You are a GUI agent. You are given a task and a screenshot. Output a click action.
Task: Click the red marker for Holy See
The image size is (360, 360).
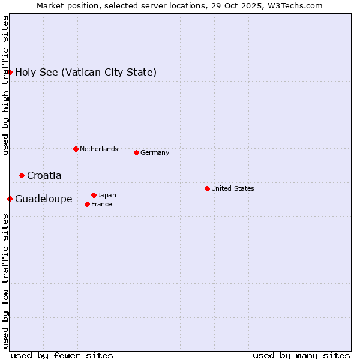pyautogui.click(x=10, y=72)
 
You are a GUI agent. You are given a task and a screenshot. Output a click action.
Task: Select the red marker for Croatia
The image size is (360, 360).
pyautogui.click(x=22, y=175)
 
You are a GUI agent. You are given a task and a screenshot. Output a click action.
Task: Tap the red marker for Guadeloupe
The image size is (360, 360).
pyautogui.click(x=10, y=199)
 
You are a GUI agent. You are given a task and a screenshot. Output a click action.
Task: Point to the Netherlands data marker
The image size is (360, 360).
pyautogui.click(x=76, y=149)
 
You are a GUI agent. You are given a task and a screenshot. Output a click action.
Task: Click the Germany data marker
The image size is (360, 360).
pyautogui.click(x=136, y=152)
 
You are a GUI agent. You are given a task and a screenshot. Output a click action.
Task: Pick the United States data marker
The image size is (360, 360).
pyautogui.click(x=207, y=188)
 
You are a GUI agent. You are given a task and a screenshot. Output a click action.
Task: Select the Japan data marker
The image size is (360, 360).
pyautogui.click(x=94, y=195)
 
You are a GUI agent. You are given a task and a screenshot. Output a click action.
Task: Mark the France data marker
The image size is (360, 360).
pyautogui.click(x=87, y=204)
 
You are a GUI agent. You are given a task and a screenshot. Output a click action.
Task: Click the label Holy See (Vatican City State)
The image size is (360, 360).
pyautogui.click(x=86, y=73)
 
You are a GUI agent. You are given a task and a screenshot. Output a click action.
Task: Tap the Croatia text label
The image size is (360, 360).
pyautogui.click(x=44, y=176)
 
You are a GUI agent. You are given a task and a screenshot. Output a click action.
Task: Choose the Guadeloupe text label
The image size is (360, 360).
pyautogui.click(x=43, y=199)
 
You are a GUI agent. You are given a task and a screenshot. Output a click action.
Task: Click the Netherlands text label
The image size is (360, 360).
pyautogui.click(x=98, y=149)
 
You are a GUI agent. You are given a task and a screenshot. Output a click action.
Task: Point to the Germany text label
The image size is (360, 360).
pyautogui.click(x=155, y=152)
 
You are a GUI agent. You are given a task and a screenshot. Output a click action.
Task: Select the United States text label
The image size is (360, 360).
pyautogui.click(x=232, y=188)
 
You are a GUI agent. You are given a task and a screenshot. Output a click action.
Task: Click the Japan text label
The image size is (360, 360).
pyautogui.click(x=107, y=195)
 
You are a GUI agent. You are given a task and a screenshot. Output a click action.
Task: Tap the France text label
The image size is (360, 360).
pyautogui.click(x=101, y=204)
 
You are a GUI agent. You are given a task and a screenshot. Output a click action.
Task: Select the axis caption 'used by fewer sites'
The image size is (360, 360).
pyautogui.click(x=62, y=355)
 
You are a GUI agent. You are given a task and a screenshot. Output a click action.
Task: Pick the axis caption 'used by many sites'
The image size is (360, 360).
pyautogui.click(x=301, y=355)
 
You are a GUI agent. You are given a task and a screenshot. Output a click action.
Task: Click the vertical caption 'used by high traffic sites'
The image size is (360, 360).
pyautogui.click(x=5, y=85)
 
